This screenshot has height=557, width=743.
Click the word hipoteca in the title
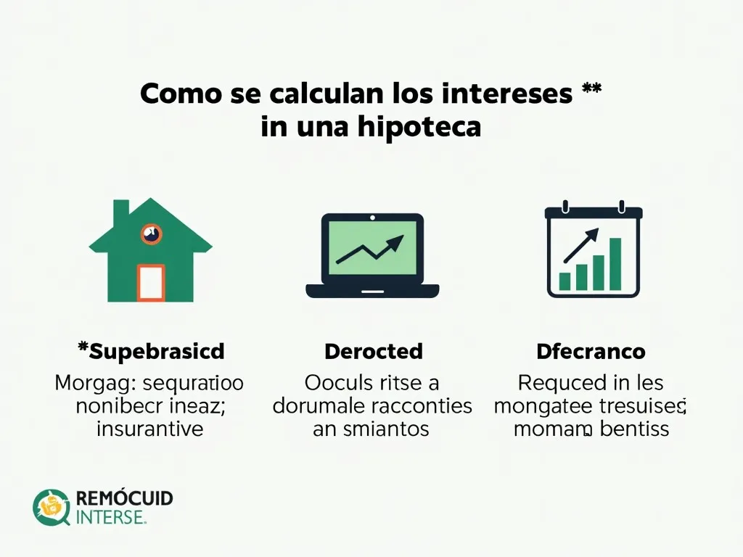(419, 127)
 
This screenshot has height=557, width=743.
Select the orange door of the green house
(151, 282)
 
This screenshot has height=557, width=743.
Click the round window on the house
(152, 234)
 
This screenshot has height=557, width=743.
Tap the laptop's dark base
(372, 291)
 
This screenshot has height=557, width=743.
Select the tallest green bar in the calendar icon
(615, 263)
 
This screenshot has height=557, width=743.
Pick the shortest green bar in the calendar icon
(565, 281)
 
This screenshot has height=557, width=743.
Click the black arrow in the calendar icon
(583, 244)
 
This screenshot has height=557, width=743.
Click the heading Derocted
(373, 352)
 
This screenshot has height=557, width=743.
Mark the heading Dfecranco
(591, 352)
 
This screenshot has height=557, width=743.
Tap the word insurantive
(150, 429)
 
